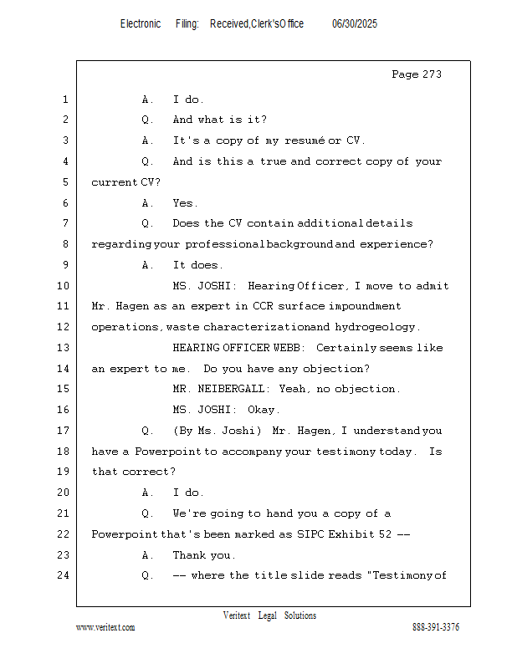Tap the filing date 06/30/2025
355,24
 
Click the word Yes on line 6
184,203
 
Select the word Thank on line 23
190,555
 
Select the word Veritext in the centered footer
236,615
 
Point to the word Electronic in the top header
141,24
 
